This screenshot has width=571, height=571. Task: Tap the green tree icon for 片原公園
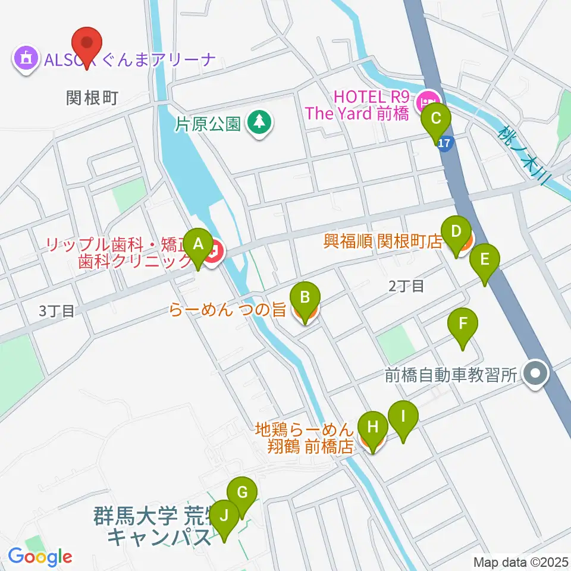pyautogui.click(x=258, y=123)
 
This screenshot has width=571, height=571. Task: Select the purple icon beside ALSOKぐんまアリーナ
pyautogui.click(x=26, y=59)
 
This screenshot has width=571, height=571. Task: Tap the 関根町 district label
pyautogui.click(x=93, y=98)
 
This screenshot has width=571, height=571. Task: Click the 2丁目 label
pyautogui.click(x=406, y=286)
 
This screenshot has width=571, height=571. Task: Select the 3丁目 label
pyautogui.click(x=57, y=310)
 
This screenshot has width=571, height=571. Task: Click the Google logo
pyautogui.click(x=40, y=557)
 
